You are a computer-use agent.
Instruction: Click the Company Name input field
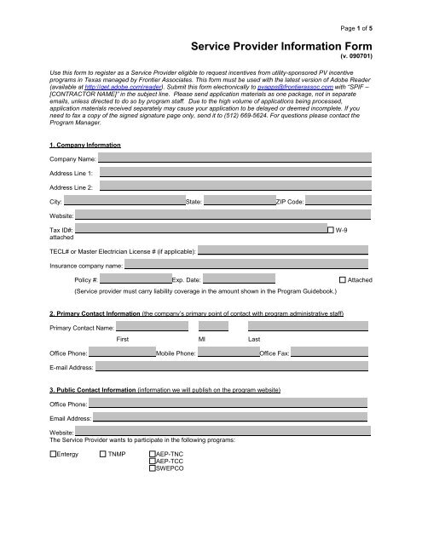tap(234, 158)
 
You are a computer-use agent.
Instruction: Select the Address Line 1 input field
tap(234, 172)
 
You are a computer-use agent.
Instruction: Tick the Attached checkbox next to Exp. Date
tap(343, 279)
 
